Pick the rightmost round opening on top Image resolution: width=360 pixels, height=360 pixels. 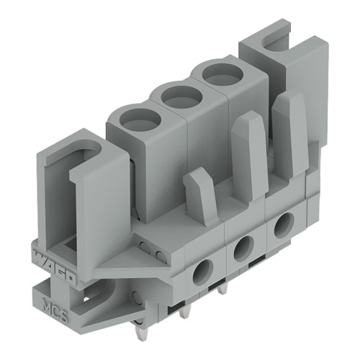click(x=219, y=73)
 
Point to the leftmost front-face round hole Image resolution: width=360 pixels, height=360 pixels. click(x=204, y=271)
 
